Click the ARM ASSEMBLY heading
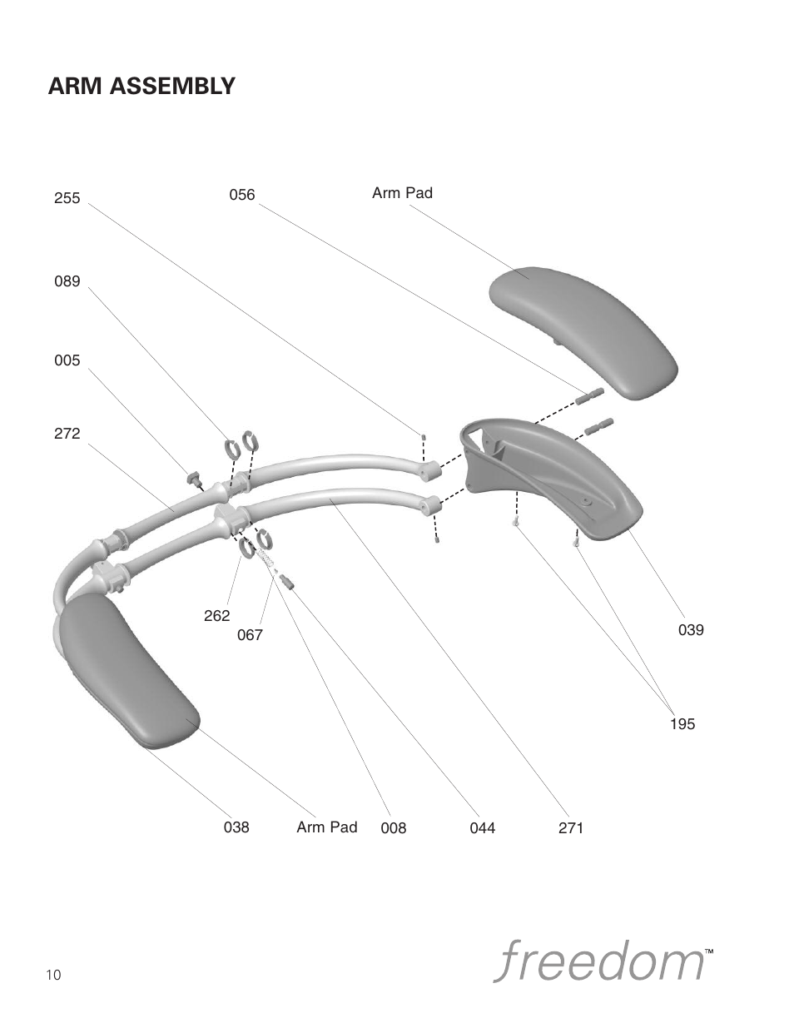(141, 86)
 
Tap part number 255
(67, 198)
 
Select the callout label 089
(67, 281)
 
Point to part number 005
(67, 360)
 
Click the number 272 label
(67, 434)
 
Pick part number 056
(242, 195)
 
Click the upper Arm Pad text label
(402, 193)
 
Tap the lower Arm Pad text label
(326, 827)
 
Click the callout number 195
(682, 724)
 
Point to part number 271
(571, 828)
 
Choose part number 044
(483, 828)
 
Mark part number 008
(394, 828)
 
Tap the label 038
(236, 827)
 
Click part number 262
(216, 616)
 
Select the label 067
(250, 635)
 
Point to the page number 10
(54, 976)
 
